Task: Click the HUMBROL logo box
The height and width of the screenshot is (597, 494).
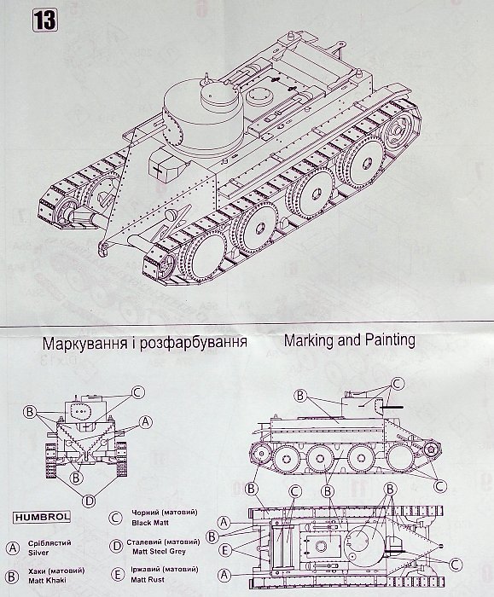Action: coord(42,517)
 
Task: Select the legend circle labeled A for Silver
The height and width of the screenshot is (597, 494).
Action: coord(13,548)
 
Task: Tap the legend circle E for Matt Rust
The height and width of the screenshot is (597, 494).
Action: coord(117,574)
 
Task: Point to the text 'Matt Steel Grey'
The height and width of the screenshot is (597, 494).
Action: coord(160,551)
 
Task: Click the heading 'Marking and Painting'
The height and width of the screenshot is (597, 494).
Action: coord(349,340)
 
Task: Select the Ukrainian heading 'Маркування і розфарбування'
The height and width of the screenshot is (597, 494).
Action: coord(145,342)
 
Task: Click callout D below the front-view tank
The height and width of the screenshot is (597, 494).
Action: coord(89,501)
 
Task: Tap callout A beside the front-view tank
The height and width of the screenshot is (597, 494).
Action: coord(146,422)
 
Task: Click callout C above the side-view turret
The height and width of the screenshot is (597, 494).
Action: coord(397,384)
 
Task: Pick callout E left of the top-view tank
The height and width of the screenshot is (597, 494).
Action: coord(224,550)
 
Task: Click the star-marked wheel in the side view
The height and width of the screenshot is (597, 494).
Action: coord(431,450)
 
